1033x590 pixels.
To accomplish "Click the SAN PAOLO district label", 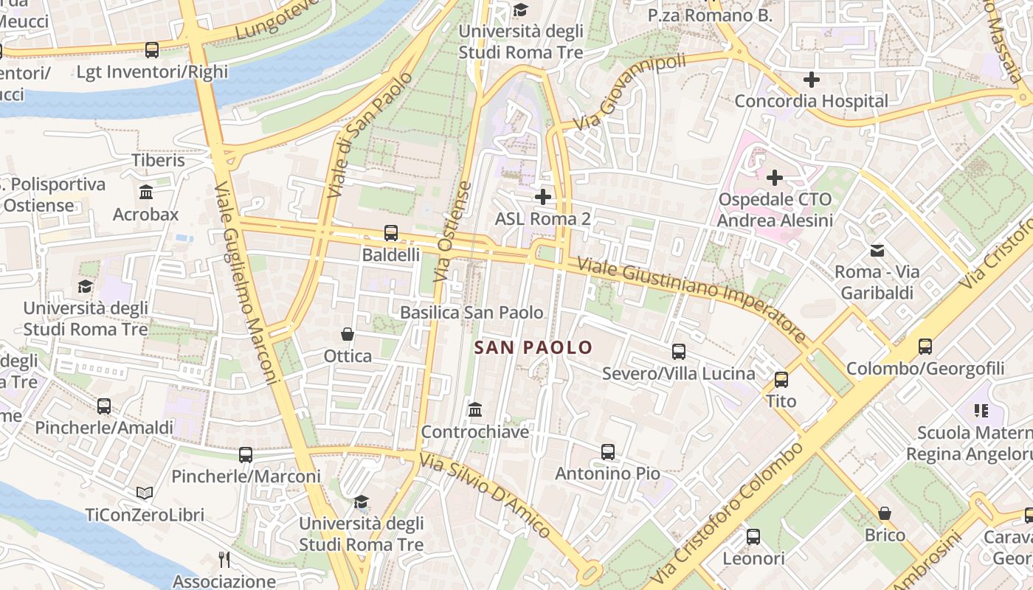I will tap(533, 347).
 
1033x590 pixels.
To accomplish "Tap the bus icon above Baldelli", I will tap(391, 233).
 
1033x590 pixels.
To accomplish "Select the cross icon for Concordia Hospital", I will tap(812, 80).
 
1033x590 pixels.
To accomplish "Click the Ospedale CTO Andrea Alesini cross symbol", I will tap(775, 178).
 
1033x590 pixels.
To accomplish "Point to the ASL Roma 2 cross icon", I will tap(543, 197).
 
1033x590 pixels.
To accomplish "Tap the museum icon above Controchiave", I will tap(475, 409).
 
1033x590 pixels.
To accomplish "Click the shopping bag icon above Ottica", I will tap(348, 334).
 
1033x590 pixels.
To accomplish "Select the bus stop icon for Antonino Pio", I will tap(608, 451).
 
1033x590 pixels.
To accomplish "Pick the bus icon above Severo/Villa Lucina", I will tap(679, 352).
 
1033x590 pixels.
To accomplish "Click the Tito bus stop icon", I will tap(781, 380).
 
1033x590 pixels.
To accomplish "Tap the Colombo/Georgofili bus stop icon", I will tap(925, 346).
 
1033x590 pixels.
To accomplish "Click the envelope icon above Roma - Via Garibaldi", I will tap(877, 251).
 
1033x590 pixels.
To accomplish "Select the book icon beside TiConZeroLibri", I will tap(145, 493).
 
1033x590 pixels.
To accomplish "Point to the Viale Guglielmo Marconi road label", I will tap(248, 284).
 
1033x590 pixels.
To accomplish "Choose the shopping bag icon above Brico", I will tap(885, 513).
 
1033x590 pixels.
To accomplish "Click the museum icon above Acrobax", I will tap(146, 192).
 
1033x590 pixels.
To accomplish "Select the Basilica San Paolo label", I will tap(471, 313).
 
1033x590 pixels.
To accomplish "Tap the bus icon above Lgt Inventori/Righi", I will tap(152, 50).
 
